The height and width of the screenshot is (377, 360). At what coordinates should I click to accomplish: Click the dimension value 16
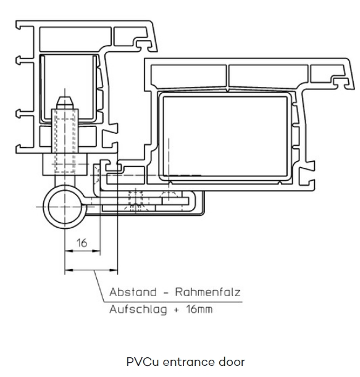[x=82, y=243]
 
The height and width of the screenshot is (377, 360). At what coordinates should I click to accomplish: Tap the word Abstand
[x=133, y=292]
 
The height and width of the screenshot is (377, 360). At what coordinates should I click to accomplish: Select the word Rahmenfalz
[x=208, y=292]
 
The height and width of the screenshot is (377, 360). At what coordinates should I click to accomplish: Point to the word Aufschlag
[x=138, y=310]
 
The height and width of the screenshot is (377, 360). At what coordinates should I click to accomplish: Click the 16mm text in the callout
[x=199, y=309]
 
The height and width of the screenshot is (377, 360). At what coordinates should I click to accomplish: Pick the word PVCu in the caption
[x=143, y=362]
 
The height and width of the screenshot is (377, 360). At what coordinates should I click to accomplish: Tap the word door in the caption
[x=232, y=362]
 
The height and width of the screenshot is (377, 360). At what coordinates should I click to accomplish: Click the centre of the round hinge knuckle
[x=64, y=207]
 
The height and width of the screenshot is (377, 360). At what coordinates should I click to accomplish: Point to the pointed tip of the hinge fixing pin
[x=64, y=97]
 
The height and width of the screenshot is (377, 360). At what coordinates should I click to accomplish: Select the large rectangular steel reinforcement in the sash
[x=225, y=136]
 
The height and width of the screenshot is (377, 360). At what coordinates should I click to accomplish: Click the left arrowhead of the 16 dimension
[x=69, y=251]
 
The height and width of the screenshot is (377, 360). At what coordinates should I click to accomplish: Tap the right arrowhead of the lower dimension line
[x=114, y=270]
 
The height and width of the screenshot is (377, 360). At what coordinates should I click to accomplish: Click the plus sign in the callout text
[x=177, y=310]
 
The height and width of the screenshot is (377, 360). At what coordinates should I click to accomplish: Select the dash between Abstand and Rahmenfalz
[x=166, y=293]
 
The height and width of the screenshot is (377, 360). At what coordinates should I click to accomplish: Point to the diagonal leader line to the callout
[x=99, y=286]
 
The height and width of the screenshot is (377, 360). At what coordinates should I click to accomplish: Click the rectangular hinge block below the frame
[x=65, y=164]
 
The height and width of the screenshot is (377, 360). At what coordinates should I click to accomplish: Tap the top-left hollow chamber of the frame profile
[x=75, y=39]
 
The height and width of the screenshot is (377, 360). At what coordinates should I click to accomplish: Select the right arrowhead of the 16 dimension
[x=96, y=251]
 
